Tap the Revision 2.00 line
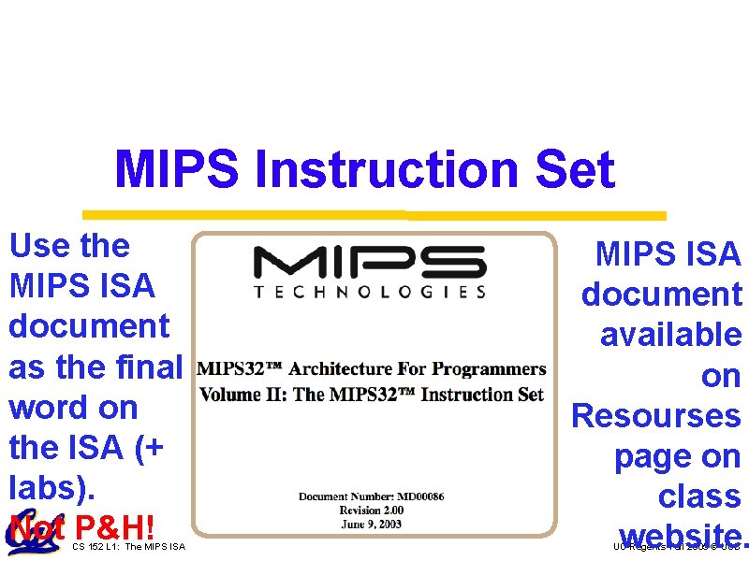coord(372,510)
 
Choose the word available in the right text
coord(670,335)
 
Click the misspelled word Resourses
coord(655,415)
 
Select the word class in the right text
coord(698,496)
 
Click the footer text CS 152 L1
coord(93,546)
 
